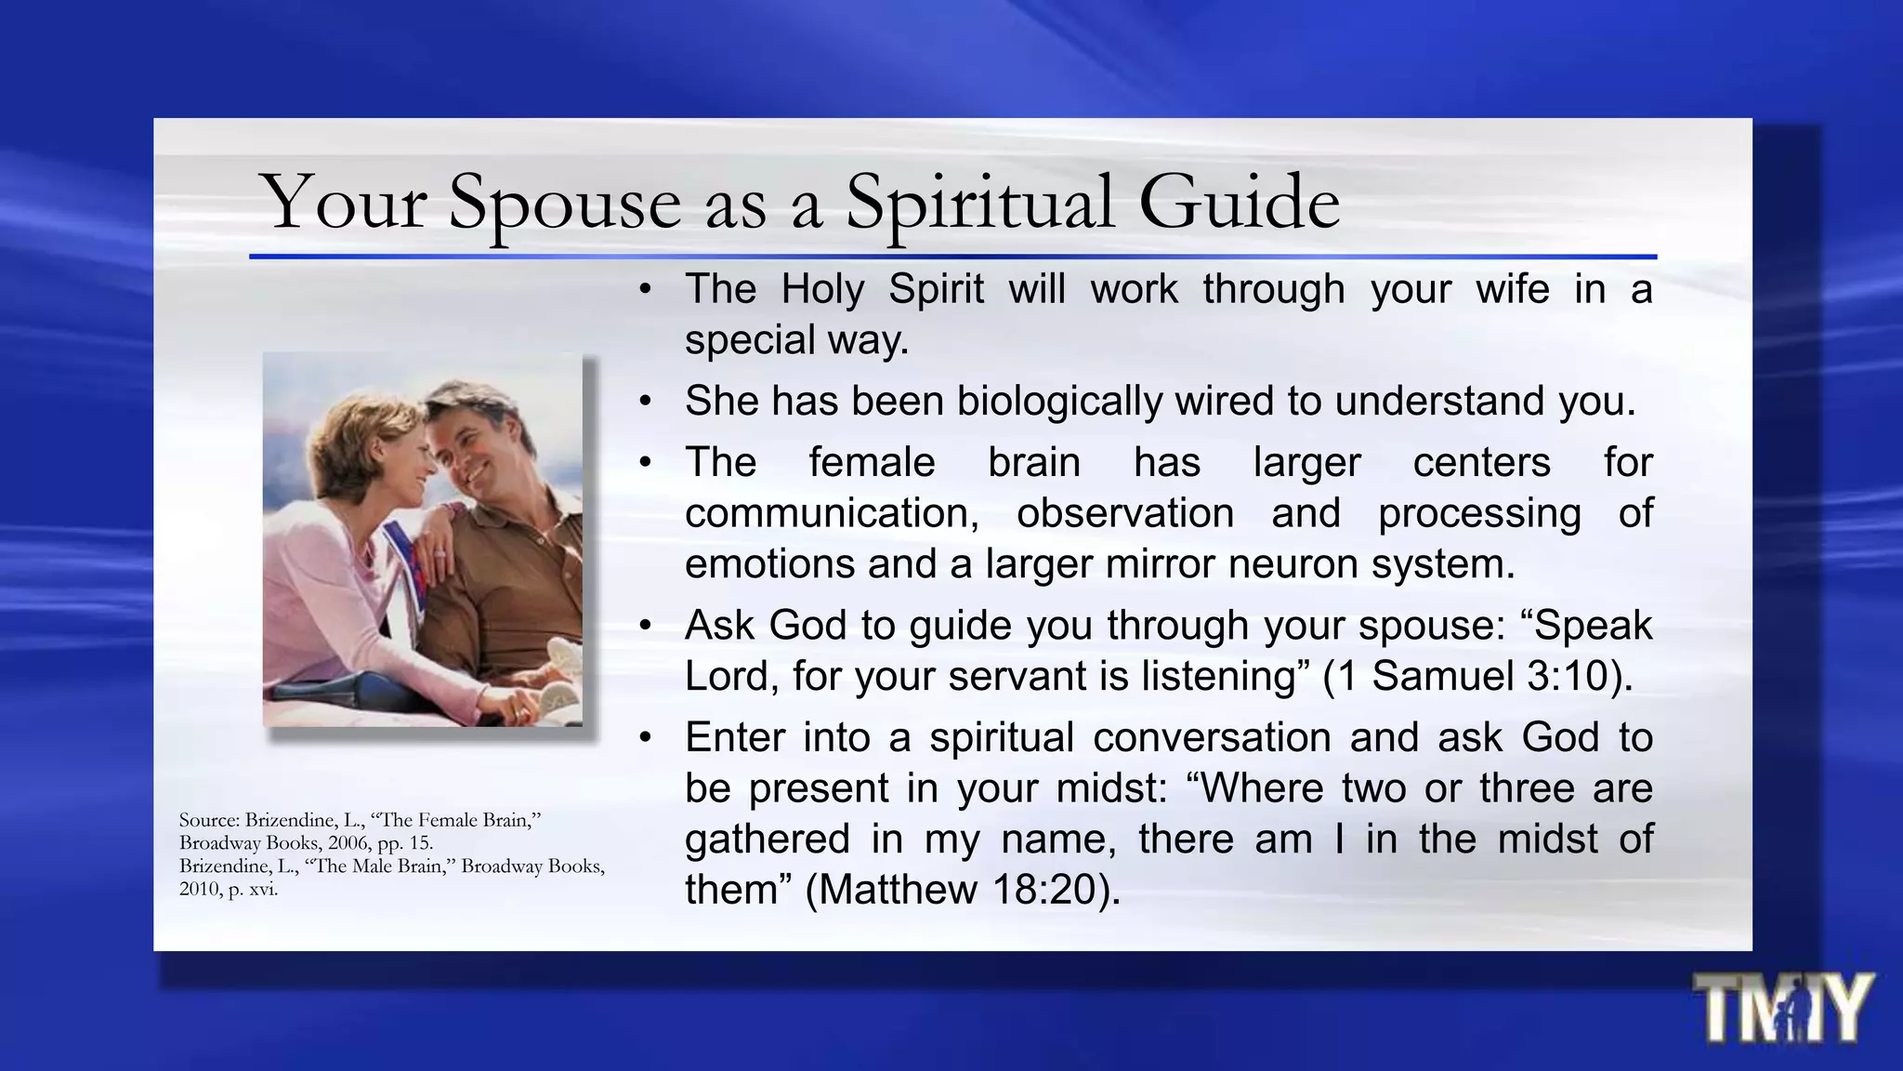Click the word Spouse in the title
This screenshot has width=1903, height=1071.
point(564,203)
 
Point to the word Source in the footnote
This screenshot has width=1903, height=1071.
point(209,820)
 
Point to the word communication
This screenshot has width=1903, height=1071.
point(832,513)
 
